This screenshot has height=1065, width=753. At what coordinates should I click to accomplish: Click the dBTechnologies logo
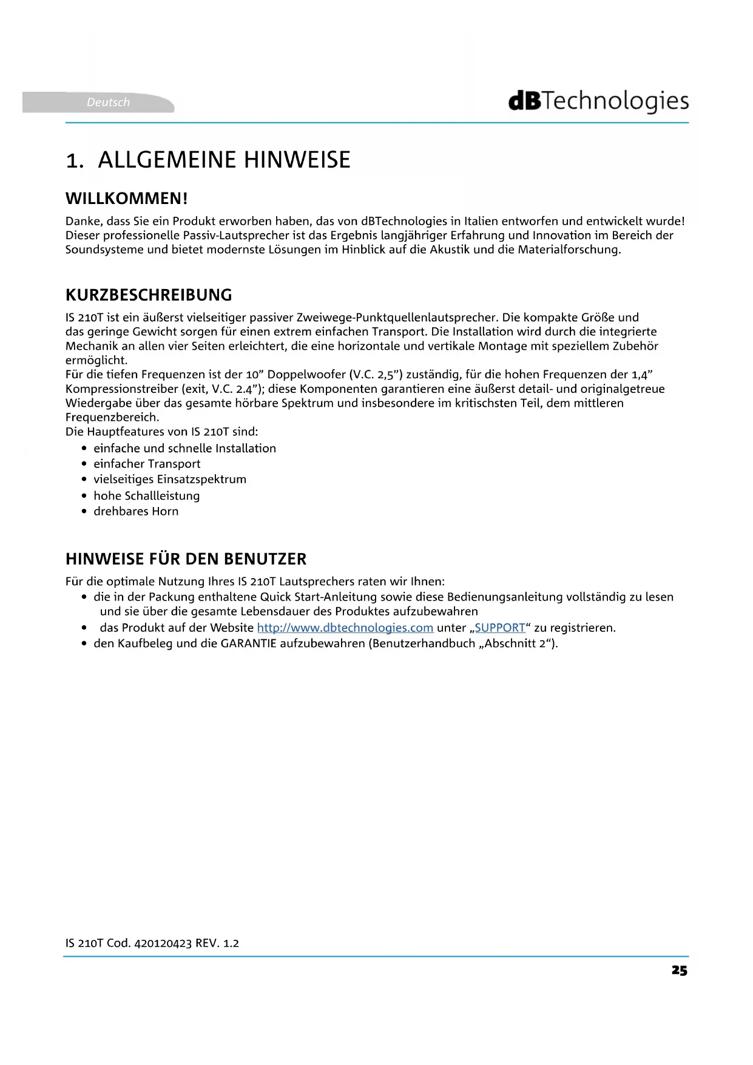point(598,101)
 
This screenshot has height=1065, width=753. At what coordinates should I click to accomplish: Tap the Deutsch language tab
point(108,102)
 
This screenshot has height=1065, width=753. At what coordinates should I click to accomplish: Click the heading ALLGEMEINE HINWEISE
point(224,160)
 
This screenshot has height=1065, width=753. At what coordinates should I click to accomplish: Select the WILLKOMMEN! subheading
point(126,199)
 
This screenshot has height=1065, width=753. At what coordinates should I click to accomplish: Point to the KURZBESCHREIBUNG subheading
point(149,295)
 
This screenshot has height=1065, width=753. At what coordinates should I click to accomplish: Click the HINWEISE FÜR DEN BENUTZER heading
point(186,559)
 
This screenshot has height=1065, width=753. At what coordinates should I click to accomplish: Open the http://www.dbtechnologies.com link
point(345,628)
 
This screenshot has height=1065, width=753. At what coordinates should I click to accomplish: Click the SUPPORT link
point(499,628)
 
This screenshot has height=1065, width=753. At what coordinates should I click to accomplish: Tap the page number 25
point(679,970)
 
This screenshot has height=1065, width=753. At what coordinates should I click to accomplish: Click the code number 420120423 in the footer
point(163,944)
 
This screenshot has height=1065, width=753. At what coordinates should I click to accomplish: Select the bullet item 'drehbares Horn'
point(136,511)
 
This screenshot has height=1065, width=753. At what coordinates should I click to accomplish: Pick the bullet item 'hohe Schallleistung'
point(146,495)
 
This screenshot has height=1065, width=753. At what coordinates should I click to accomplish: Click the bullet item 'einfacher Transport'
point(147,464)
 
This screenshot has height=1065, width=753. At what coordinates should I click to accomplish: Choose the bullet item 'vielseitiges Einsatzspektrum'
point(170,480)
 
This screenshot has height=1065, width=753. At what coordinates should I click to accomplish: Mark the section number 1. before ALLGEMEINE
point(75,161)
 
